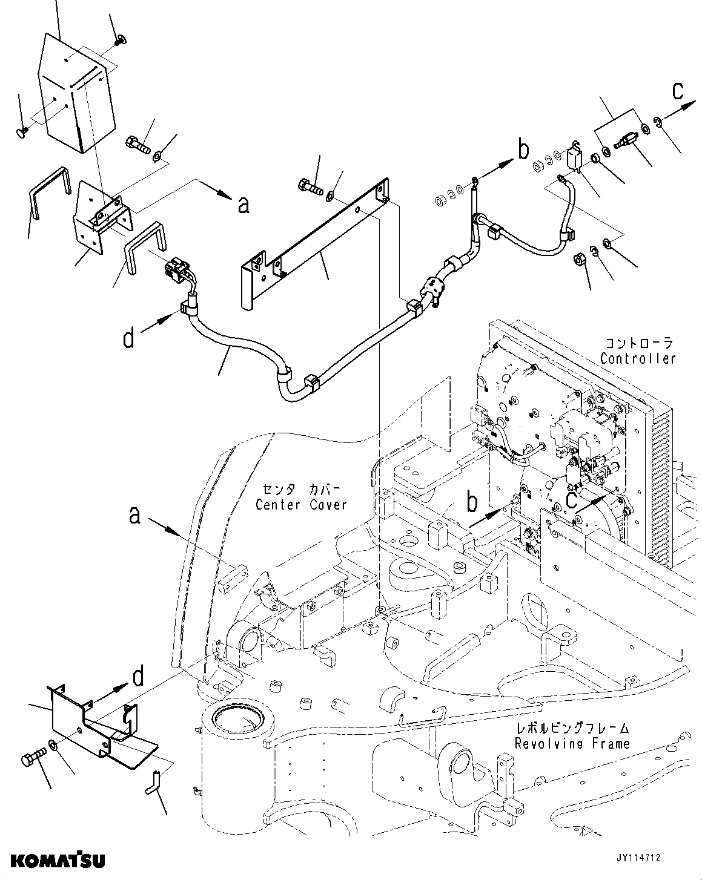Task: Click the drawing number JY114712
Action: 639,858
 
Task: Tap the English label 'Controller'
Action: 638,358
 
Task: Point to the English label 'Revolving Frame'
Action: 572,743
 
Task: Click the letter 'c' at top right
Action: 678,91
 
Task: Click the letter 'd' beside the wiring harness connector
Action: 129,338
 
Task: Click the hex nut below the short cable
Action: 579,260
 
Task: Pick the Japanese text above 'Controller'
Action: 638,343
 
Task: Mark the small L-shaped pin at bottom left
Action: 154,778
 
